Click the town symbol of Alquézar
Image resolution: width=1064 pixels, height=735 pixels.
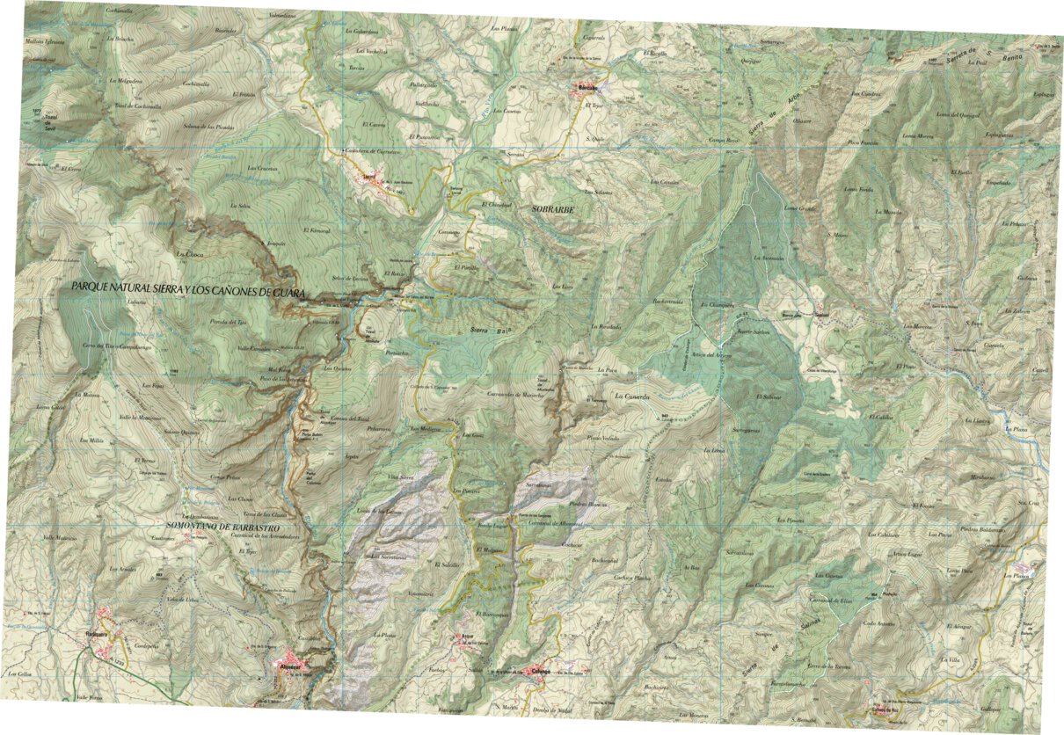click(293, 661)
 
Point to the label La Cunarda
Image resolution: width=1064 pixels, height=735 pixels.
click(631, 397)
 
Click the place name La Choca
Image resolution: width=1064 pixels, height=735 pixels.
click(189, 255)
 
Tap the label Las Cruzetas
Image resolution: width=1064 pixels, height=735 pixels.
click(263, 168)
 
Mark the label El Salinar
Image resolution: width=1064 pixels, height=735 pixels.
click(768, 397)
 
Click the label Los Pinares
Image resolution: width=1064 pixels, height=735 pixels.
click(791, 520)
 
